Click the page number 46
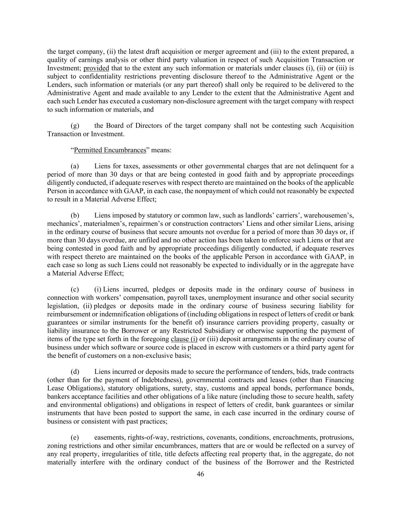[200, 474]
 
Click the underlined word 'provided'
[96, 68]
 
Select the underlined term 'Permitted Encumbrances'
[110, 150]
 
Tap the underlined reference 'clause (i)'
[184, 339]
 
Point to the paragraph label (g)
[75, 126]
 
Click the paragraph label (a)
[75, 166]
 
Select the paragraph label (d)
[75, 372]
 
